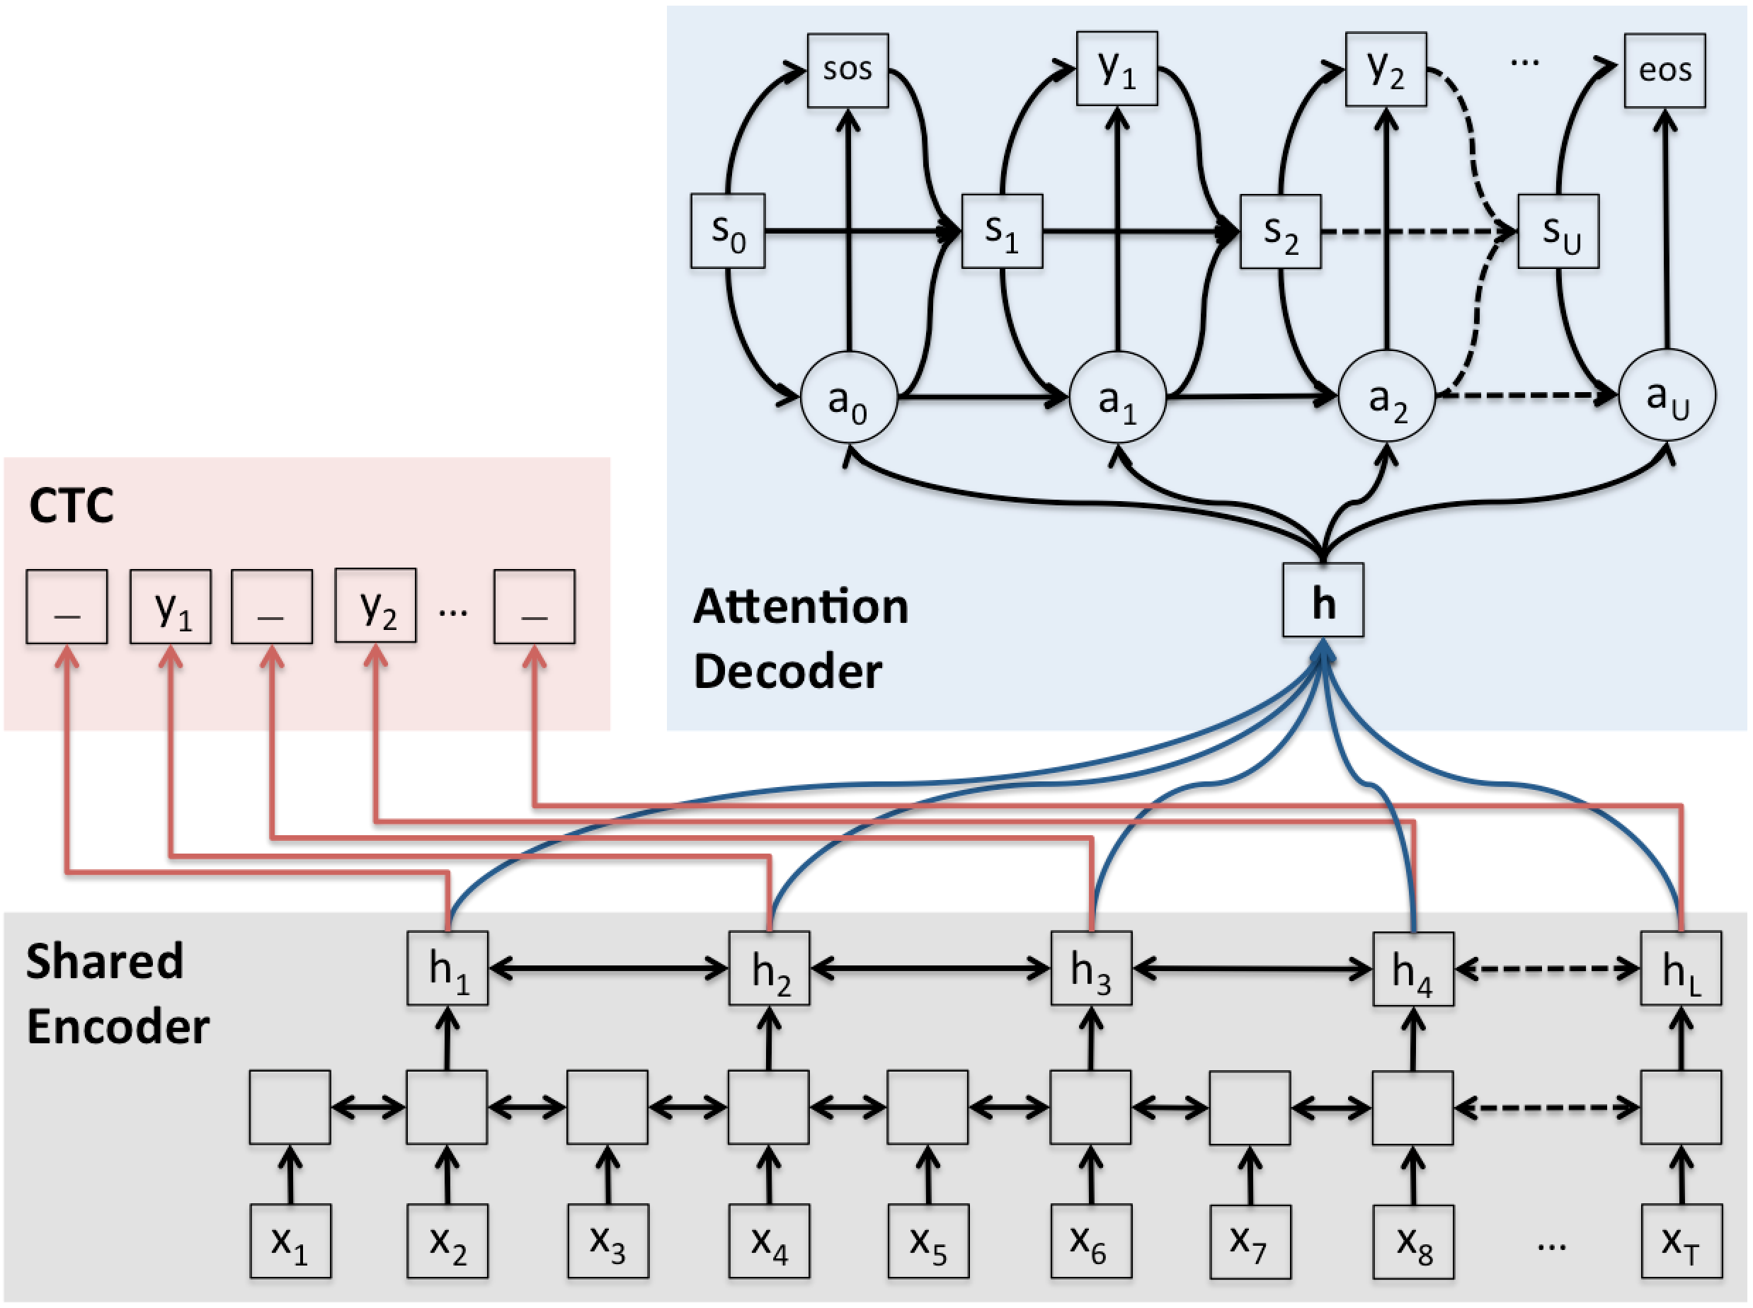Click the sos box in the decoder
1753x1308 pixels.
(x=847, y=71)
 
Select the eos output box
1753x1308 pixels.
(x=1665, y=71)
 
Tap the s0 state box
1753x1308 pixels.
(x=728, y=231)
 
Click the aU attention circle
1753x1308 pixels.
(x=1667, y=396)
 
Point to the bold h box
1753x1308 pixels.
(x=1323, y=600)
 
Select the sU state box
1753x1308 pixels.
(x=1558, y=231)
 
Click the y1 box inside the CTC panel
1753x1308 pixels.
(x=170, y=607)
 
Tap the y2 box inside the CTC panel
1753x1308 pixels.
(x=375, y=606)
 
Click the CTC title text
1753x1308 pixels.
(x=72, y=506)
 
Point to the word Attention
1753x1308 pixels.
(x=801, y=607)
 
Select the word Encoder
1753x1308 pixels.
(x=118, y=1027)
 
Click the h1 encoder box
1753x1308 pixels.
(x=447, y=968)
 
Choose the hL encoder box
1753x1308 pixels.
(x=1680, y=968)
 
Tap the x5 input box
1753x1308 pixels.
(x=927, y=1241)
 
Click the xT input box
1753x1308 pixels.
(x=1681, y=1241)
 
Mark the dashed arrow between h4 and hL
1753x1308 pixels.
(x=1546, y=968)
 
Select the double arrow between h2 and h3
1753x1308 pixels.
(x=930, y=968)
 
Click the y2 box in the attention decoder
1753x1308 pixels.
(x=1386, y=69)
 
